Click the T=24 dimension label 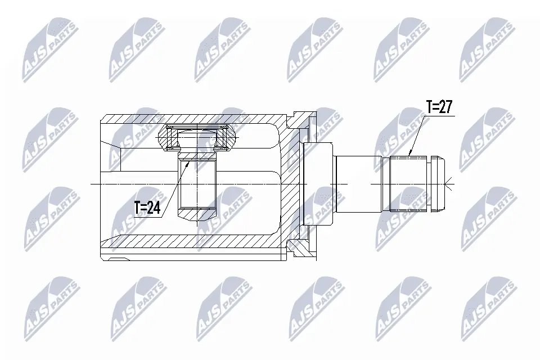[147, 208]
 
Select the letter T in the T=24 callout [137, 208]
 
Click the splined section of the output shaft [408, 183]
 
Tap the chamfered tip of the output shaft [439, 183]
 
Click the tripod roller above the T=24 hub [198, 137]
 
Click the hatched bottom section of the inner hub [197, 214]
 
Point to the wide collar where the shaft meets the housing [318, 183]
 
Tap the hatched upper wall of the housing [191, 120]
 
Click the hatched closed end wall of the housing [290, 183]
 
